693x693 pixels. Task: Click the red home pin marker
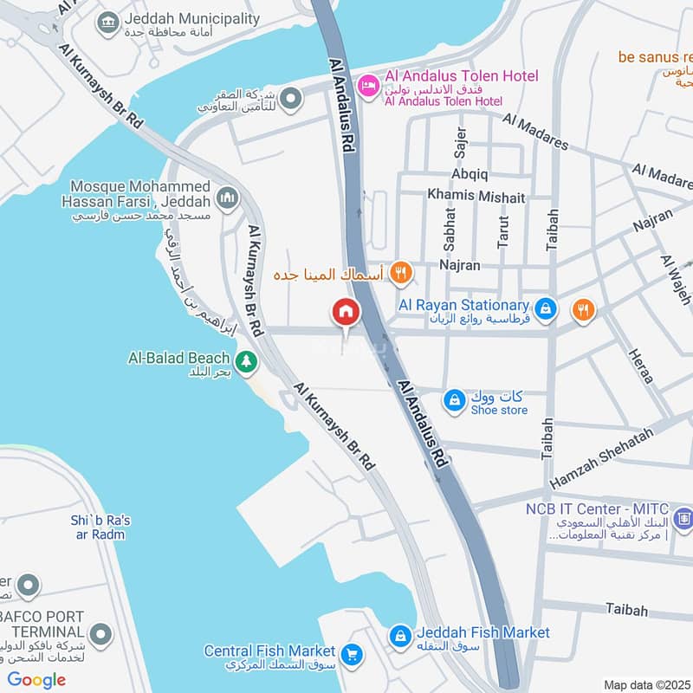pyautogui.click(x=346, y=313)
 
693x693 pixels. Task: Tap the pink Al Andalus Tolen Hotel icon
pyautogui.click(x=368, y=85)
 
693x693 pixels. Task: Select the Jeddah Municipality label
pyautogui.click(x=191, y=18)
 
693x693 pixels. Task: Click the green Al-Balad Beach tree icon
pyautogui.click(x=246, y=362)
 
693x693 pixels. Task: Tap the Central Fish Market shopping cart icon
pyautogui.click(x=352, y=654)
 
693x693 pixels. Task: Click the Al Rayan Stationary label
pyautogui.click(x=463, y=305)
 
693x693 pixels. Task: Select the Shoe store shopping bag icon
pyautogui.click(x=454, y=400)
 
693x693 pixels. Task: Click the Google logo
pyautogui.click(x=36, y=680)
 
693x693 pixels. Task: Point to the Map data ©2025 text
pyautogui.click(x=646, y=684)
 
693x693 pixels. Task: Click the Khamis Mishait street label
pyautogui.click(x=476, y=197)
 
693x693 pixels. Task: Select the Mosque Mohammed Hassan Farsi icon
pyautogui.click(x=228, y=199)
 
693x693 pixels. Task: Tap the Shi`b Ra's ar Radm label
pyautogui.click(x=100, y=527)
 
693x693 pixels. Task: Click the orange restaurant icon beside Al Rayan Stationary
pyautogui.click(x=583, y=309)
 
